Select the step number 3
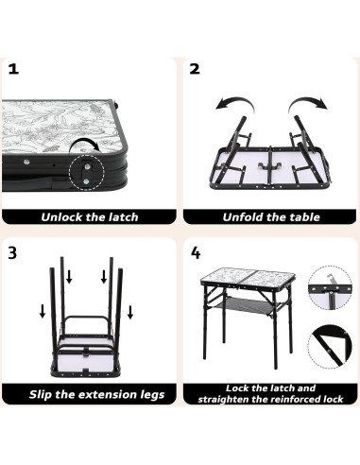click(12, 252)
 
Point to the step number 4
click(196, 252)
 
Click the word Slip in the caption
click(41, 394)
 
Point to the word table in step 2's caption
click(304, 217)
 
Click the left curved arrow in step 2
click(234, 105)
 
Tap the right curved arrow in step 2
click(307, 105)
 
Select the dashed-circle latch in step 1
click(86, 172)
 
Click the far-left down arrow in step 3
click(43, 311)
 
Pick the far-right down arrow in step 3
click(130, 312)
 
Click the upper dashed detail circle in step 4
click(330, 287)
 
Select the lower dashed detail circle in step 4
click(330, 347)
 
